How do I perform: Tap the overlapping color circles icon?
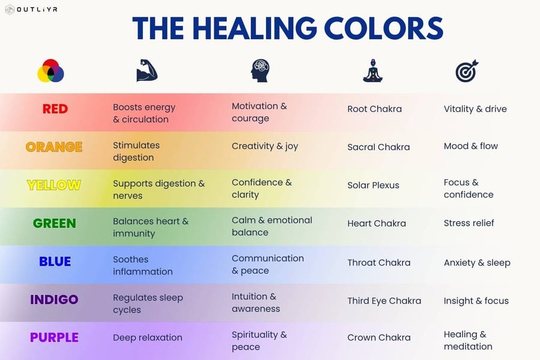pos(50,71)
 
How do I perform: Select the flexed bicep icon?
pos(146,71)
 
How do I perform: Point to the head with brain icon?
pos(260,71)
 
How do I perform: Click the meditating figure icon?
pos(373,71)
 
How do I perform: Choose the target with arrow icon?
pos(466,71)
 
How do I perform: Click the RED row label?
pos(55,109)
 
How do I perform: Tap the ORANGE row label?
pos(54,147)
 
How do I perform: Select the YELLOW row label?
pos(54,185)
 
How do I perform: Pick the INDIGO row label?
pos(54,299)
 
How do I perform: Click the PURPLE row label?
pos(54,337)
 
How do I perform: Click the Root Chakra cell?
pos(374,109)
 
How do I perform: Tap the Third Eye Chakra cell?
pos(384,301)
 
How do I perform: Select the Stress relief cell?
pos(469,223)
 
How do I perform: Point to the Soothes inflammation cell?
pos(143,265)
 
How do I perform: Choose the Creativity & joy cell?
pos(265,146)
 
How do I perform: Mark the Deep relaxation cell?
pos(148,338)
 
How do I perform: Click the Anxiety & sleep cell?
pos(477,263)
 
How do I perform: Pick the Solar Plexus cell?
pos(373,185)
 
